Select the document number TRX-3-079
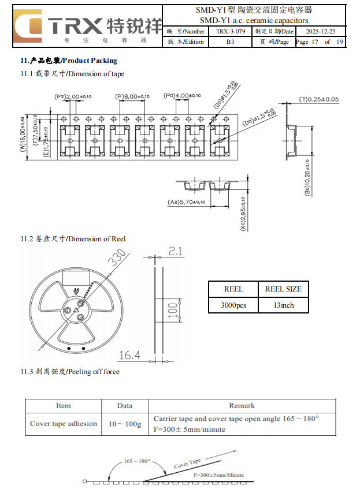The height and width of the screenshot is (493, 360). coord(231,31)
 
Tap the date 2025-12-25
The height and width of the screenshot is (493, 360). coord(321,31)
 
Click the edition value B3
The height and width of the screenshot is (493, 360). coord(231,42)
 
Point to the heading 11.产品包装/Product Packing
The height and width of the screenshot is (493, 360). coord(69,61)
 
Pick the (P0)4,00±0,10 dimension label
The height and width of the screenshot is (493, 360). coord(182,96)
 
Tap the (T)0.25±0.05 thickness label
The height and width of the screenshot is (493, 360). coord(318,99)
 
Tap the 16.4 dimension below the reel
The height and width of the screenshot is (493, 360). coord(129,356)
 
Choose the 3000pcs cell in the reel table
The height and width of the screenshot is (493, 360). coord(233,305)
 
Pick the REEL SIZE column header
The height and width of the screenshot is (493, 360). coord(283,289)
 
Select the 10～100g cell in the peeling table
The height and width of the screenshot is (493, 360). coord(125,424)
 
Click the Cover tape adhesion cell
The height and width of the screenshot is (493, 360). coord(64,424)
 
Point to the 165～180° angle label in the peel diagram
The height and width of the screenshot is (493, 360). coord(137,461)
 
